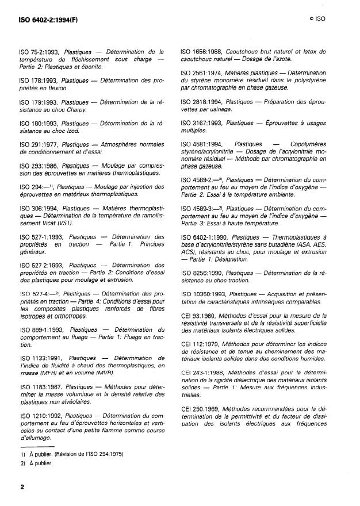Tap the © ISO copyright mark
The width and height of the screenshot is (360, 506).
[316, 19]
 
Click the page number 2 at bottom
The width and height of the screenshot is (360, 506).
[22, 487]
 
